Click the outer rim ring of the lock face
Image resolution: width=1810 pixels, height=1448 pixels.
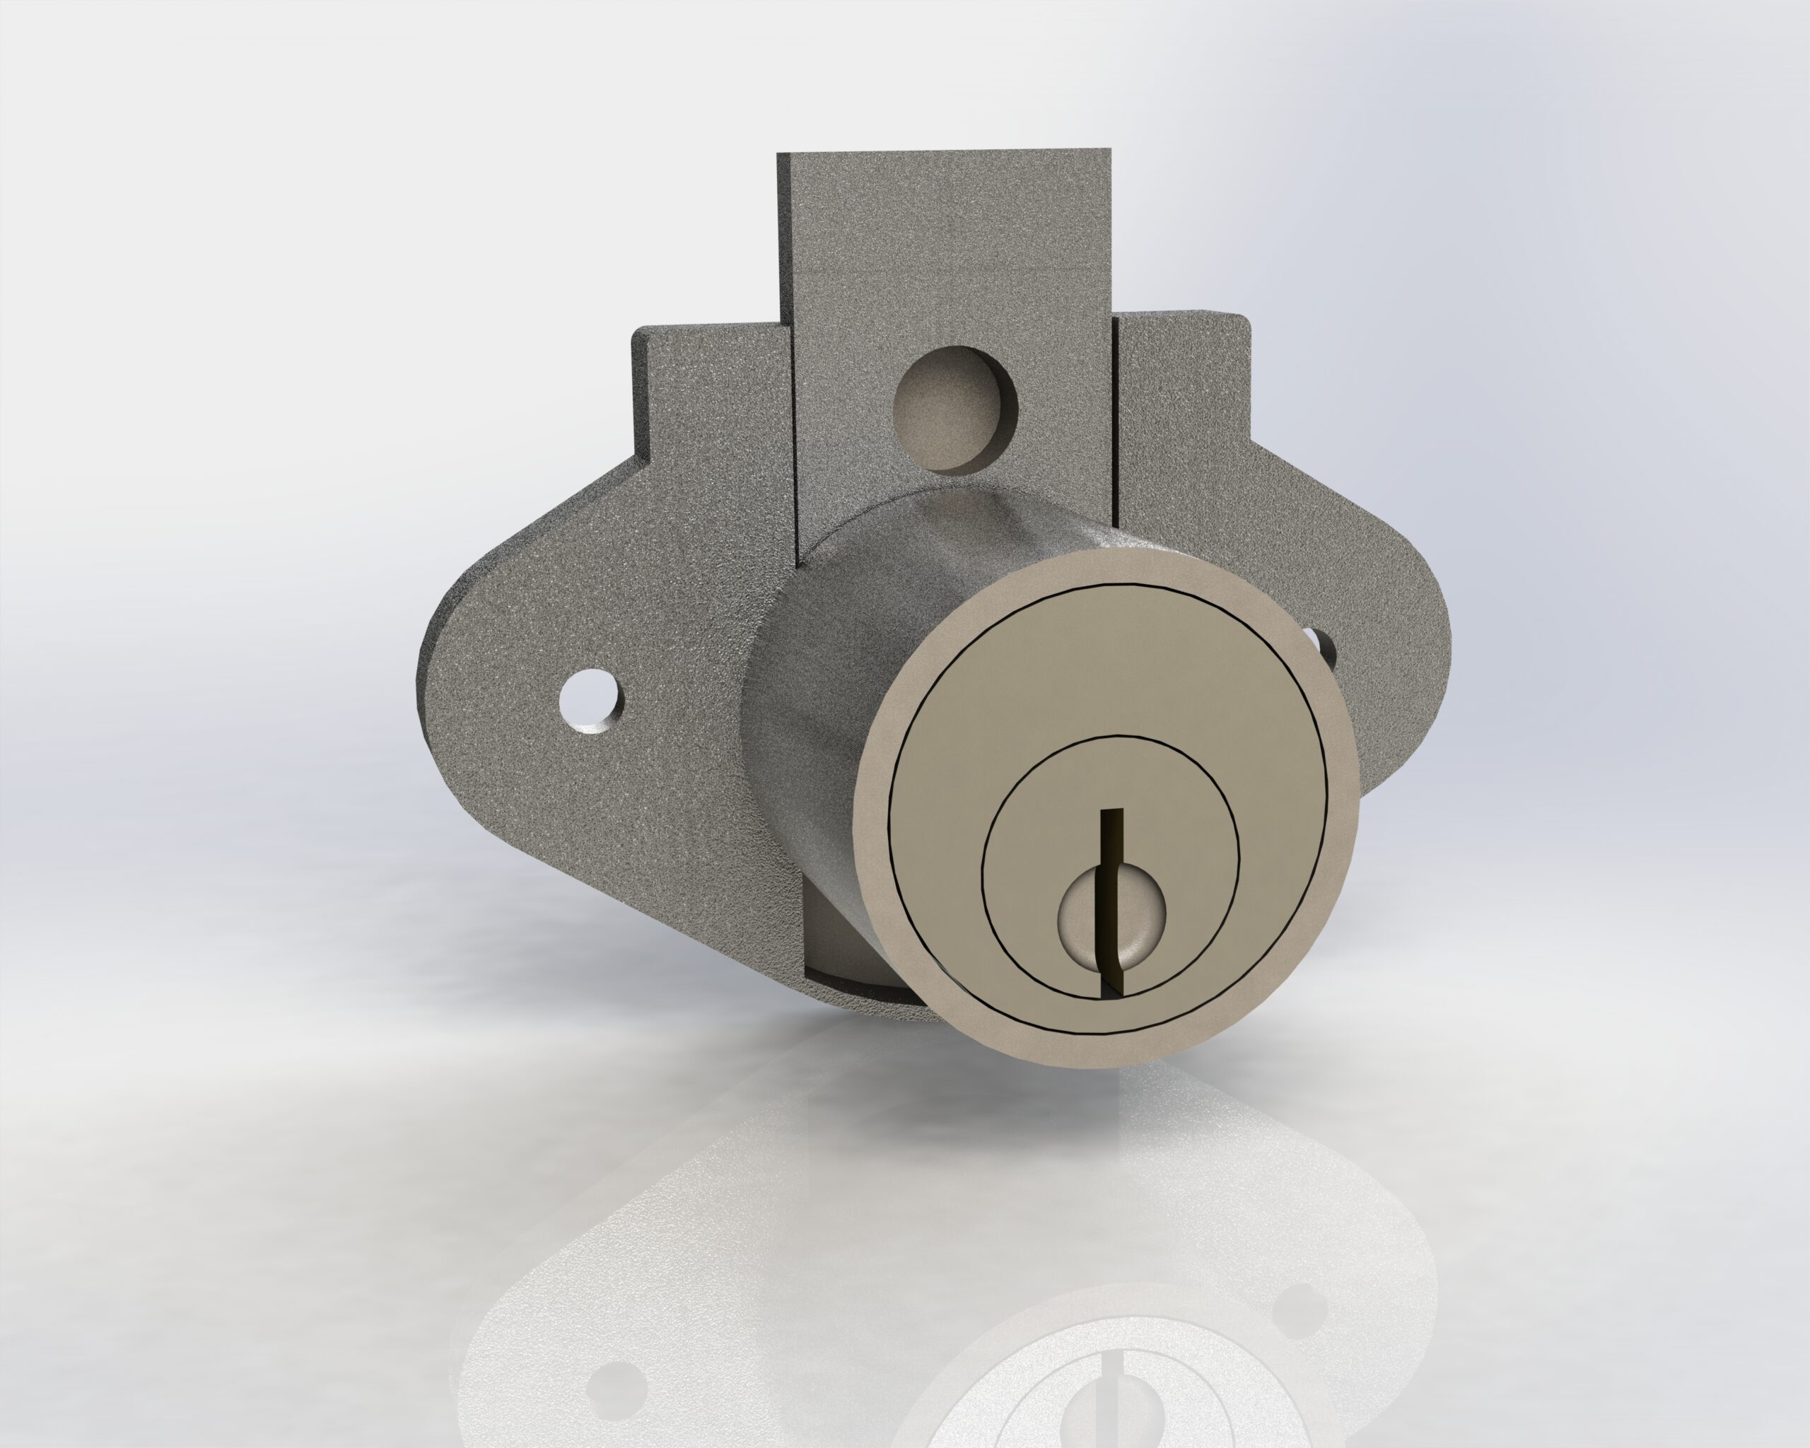tap(873, 806)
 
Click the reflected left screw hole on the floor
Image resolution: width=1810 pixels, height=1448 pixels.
tap(606, 1381)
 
